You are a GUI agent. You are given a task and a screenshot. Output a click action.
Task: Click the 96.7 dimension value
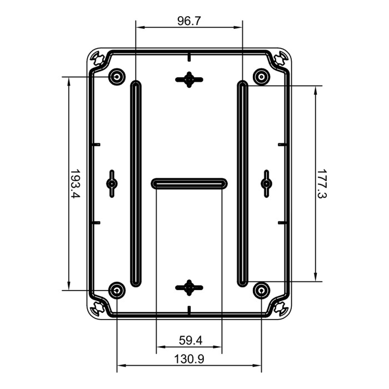pyautogui.click(x=189, y=21)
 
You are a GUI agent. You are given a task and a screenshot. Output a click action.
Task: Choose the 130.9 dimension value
pyautogui.click(x=189, y=359)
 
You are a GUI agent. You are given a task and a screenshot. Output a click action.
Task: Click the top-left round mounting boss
pyautogui.click(x=117, y=76)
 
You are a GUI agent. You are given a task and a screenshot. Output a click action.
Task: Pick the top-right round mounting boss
pyautogui.click(x=261, y=76)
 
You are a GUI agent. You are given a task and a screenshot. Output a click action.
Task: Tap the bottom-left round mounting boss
pyautogui.click(x=117, y=290)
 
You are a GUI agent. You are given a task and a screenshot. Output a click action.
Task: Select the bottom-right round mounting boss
pyautogui.click(x=261, y=290)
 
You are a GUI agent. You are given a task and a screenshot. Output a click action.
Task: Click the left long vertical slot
pyautogui.click(x=135, y=183)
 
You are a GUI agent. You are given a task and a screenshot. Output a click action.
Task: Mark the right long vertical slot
pyautogui.click(x=242, y=183)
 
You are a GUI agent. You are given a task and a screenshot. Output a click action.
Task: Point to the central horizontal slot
pyautogui.click(x=189, y=183)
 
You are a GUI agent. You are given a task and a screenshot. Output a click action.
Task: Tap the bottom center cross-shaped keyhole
pyautogui.click(x=189, y=287)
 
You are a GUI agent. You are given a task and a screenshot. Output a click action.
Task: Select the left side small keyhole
pyautogui.click(x=112, y=183)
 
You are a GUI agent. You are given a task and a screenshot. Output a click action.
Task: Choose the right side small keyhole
pyautogui.click(x=266, y=183)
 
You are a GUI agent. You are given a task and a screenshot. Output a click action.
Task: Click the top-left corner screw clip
pyautogui.click(x=98, y=58)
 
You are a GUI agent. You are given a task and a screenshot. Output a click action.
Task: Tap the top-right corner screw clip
pyautogui.click(x=280, y=58)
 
